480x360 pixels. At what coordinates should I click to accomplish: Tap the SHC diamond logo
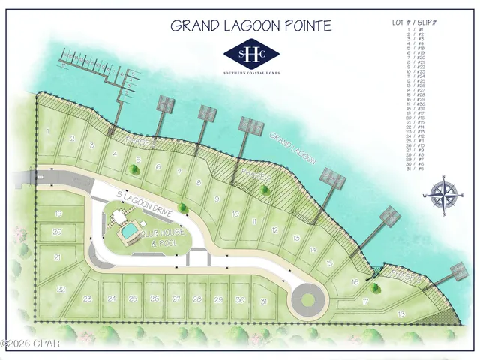click(252, 53)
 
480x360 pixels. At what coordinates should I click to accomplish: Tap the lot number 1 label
click(48, 131)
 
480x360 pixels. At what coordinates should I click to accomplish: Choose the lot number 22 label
click(61, 289)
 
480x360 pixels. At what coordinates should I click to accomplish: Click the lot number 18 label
click(401, 313)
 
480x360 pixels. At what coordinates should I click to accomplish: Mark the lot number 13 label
click(296, 238)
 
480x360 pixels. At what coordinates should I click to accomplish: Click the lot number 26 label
click(154, 298)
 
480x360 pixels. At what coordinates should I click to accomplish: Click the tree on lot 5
click(133, 169)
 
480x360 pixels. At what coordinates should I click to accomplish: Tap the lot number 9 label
click(217, 199)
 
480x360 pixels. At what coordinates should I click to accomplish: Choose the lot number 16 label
click(355, 281)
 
